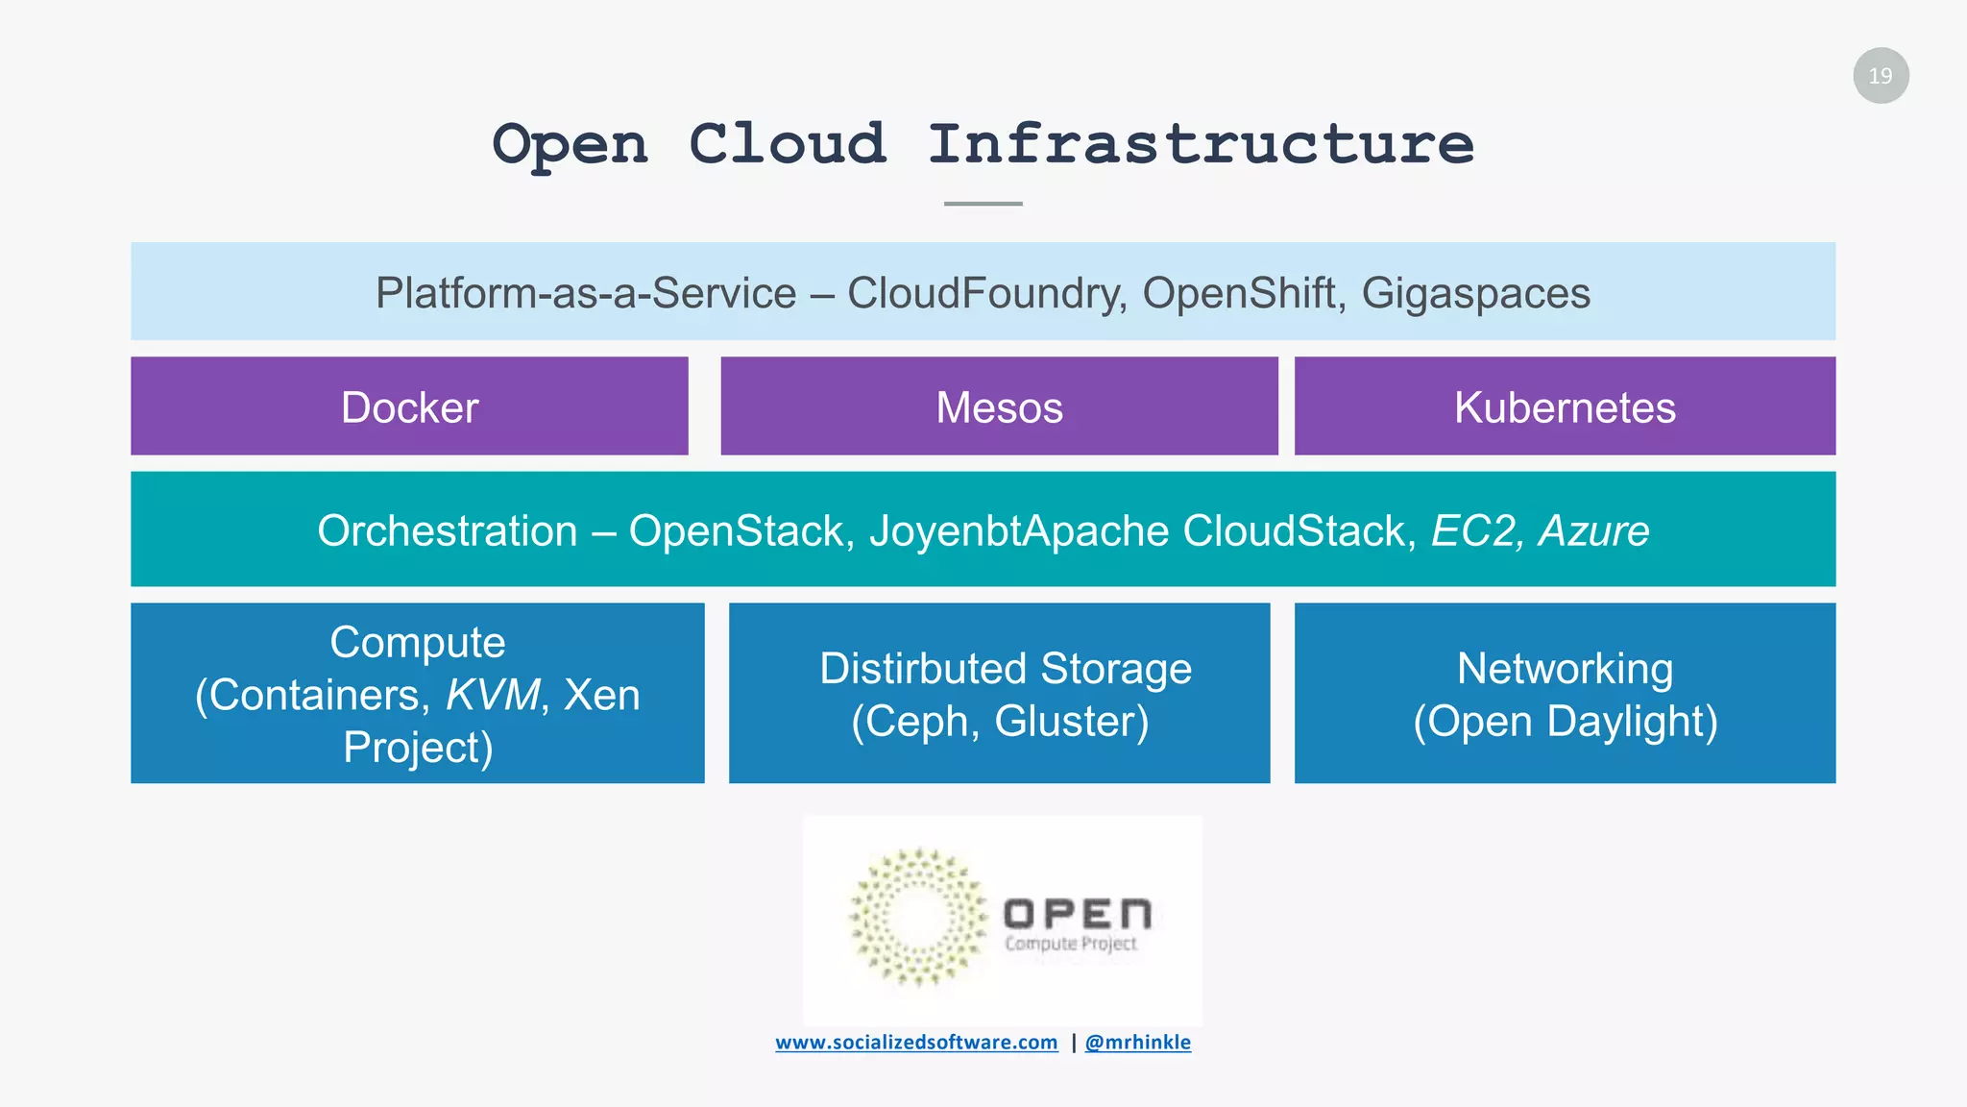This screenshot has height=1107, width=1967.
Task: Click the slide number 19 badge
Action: click(x=1880, y=76)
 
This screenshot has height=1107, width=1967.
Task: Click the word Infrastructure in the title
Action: click(x=1200, y=145)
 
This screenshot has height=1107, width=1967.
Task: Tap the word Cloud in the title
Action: click(x=787, y=145)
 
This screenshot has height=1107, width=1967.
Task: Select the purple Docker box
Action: click(x=409, y=406)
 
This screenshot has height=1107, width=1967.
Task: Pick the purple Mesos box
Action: click(x=999, y=406)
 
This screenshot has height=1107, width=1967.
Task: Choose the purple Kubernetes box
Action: click(x=1564, y=406)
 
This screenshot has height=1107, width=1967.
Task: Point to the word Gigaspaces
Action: click(x=1475, y=294)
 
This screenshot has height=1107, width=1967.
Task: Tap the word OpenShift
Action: click(x=1243, y=293)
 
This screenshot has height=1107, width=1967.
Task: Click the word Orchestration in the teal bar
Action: click(x=448, y=530)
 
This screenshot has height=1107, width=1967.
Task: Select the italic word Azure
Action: click(x=1593, y=530)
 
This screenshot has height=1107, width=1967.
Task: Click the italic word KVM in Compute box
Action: click(x=494, y=695)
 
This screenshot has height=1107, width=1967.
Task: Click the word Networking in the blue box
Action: click(x=1565, y=669)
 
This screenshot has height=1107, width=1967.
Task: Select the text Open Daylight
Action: click(x=1565, y=721)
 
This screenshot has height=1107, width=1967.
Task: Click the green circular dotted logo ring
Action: click(x=917, y=917)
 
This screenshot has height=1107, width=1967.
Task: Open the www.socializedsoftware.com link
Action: click(x=916, y=1043)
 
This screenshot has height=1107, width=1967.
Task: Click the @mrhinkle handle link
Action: click(x=1137, y=1043)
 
